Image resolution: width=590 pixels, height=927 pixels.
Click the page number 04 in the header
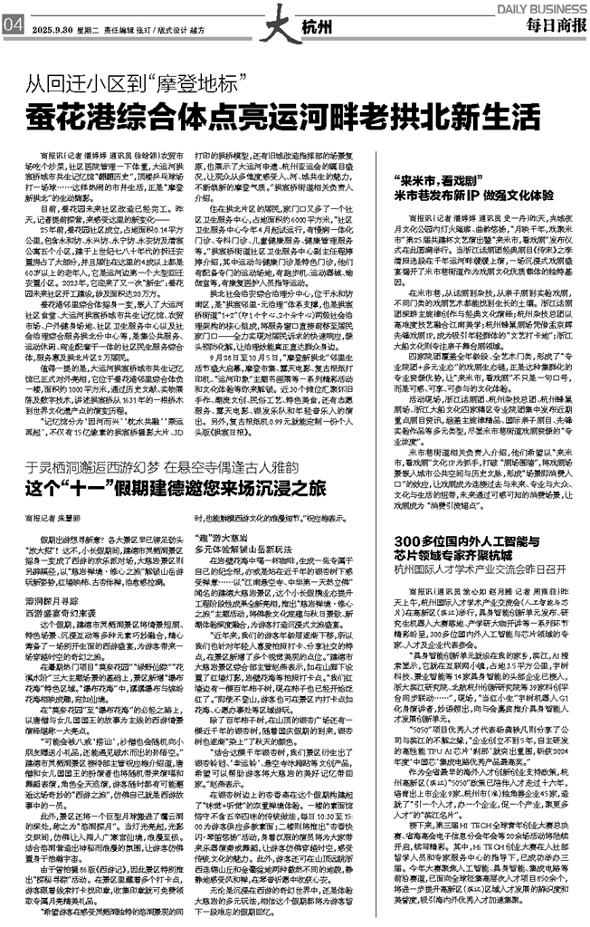point(13,25)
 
